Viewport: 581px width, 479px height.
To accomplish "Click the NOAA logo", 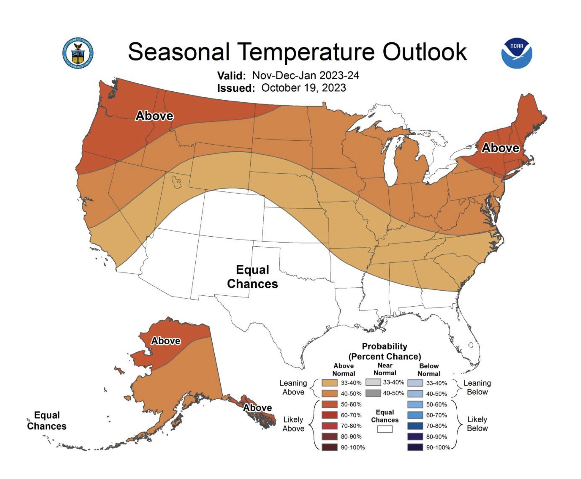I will point(517,53).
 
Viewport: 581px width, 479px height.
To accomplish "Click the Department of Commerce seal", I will point(78,53).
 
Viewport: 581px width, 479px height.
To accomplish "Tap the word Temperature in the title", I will point(306,52).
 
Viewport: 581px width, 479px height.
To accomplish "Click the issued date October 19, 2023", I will point(303,88).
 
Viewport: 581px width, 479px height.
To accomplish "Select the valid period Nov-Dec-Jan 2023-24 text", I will point(305,75).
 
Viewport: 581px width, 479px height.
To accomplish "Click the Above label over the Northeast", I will point(500,148).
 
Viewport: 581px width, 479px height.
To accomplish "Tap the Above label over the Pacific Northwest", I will point(154,116).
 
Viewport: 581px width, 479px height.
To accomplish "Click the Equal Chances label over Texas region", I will point(252,277).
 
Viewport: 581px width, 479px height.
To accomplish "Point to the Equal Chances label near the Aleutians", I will point(47,420).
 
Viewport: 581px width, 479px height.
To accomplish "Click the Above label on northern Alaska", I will point(166,341).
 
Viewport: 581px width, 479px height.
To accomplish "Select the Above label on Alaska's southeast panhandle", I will point(257,407).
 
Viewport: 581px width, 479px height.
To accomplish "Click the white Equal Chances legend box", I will point(384,429).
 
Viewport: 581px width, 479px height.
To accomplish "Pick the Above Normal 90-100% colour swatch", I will point(329,447).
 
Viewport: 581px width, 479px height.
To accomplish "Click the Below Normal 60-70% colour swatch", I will point(415,415).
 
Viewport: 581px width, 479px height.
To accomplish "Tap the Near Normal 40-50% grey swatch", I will point(373,393).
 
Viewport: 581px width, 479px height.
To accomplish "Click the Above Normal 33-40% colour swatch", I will point(329,383).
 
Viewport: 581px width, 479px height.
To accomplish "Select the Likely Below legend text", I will point(477,424).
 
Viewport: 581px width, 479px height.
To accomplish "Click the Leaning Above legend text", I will point(293,387).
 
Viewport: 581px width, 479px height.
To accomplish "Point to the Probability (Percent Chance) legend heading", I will point(384,351).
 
